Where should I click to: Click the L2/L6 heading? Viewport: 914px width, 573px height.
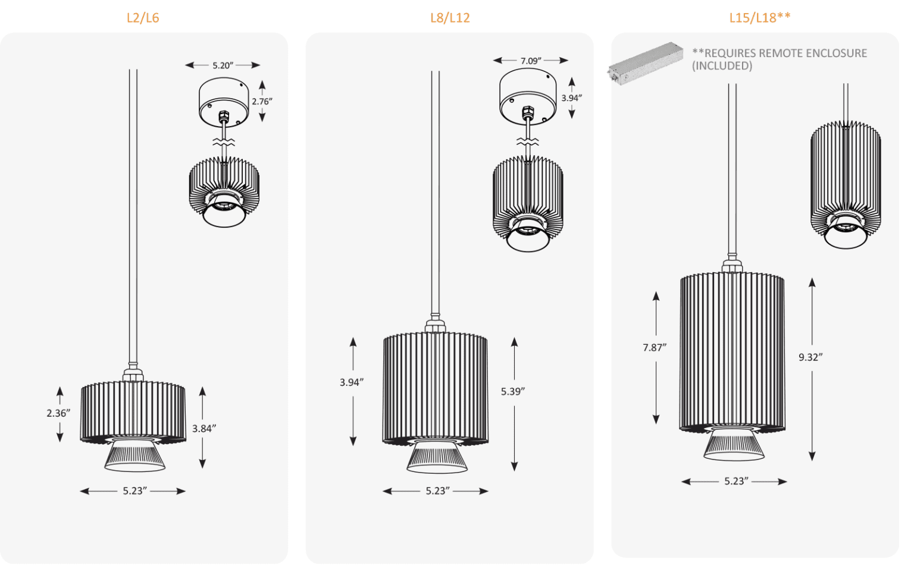pos(143,18)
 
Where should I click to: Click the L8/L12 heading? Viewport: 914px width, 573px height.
pos(450,18)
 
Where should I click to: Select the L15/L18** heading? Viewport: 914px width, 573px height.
pos(759,17)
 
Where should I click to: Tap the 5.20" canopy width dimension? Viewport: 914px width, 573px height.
pos(223,65)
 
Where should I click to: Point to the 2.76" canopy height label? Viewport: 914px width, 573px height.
pos(262,102)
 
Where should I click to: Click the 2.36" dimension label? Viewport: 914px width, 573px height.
pos(58,413)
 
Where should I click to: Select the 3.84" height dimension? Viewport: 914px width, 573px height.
pos(204,429)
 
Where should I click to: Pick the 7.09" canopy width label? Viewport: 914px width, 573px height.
pos(531,61)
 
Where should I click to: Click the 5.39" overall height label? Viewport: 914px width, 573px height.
pos(512,392)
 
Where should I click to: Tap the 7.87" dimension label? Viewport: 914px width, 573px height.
pos(655,348)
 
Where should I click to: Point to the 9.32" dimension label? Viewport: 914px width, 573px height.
pos(810,357)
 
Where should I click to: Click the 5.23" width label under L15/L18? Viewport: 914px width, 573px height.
pos(736,481)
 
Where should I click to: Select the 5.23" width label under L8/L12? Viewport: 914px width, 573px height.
pos(437,491)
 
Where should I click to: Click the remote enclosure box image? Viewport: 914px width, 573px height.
pos(646,63)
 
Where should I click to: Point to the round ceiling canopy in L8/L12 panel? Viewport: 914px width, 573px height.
pos(528,96)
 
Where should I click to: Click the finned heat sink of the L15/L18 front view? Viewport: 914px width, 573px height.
pos(732,351)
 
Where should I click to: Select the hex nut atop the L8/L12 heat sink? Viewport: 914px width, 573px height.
pos(435,326)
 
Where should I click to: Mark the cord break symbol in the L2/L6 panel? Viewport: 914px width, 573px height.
pos(224,142)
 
